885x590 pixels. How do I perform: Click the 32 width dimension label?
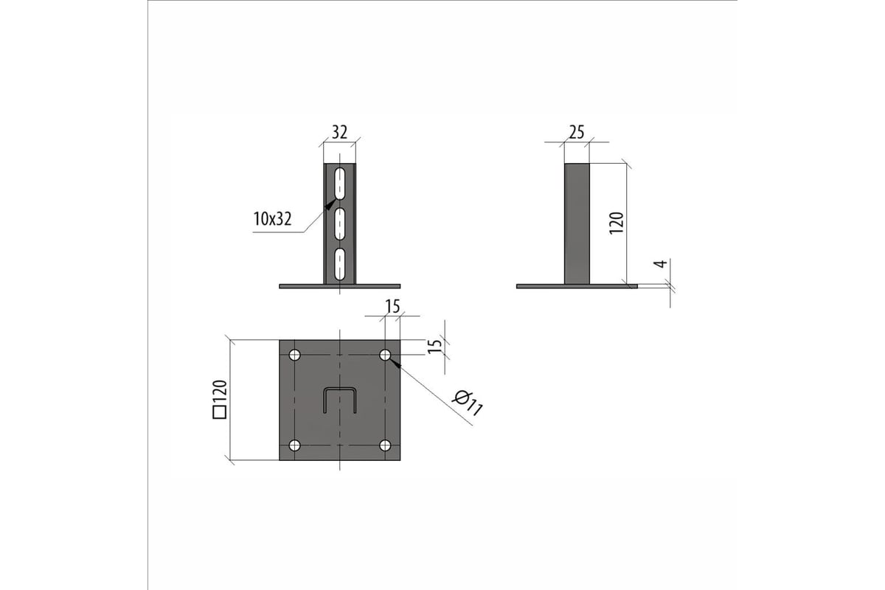[339, 133]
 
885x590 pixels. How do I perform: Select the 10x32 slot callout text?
[273, 219]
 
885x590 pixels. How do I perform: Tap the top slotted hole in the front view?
[339, 184]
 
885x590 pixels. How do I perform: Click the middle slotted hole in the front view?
[339, 224]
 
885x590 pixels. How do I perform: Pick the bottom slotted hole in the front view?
[339, 265]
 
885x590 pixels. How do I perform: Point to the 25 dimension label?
[577, 133]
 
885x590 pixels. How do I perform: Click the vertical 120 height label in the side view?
[617, 223]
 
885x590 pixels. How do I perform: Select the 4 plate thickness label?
[662, 263]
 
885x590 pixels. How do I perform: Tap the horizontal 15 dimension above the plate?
[392, 307]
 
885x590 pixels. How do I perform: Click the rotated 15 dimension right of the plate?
[434, 345]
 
